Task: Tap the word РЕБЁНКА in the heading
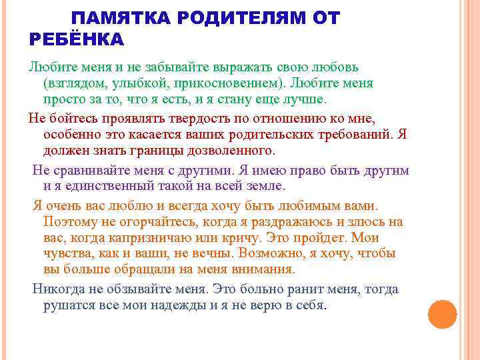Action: tap(77, 40)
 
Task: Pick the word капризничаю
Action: tap(147, 237)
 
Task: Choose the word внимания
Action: tap(261, 269)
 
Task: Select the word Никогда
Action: tap(57, 289)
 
